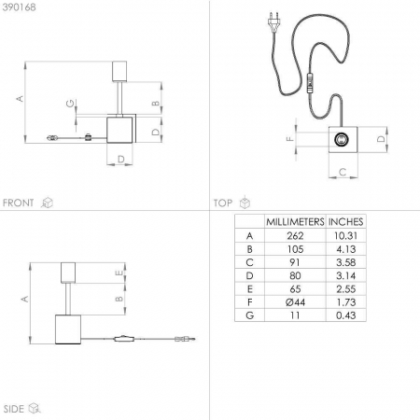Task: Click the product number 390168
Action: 19,7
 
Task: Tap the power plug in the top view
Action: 273,22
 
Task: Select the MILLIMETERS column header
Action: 295,221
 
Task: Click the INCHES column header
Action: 345,221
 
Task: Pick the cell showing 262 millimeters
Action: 295,236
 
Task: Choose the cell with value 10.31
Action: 345,236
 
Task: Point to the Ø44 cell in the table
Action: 295,302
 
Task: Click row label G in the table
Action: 249,315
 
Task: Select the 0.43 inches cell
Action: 345,315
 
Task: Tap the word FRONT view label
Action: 18,203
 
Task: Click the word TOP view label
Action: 223,203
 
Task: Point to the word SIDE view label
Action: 13,409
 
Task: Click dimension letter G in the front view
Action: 71,104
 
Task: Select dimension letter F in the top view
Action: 290,138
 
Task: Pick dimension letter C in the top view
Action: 343,172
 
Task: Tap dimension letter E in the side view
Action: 119,273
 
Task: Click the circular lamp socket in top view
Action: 342,139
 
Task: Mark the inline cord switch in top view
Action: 310,83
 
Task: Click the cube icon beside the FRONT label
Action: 47,203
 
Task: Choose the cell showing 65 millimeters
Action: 295,289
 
